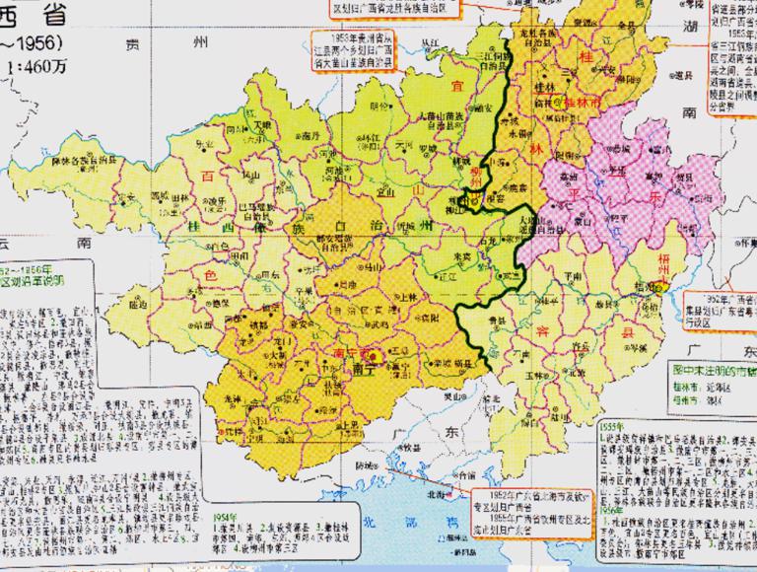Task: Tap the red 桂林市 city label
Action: pyautogui.click(x=584, y=101)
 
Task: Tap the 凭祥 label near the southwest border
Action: pyautogui.click(x=234, y=431)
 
